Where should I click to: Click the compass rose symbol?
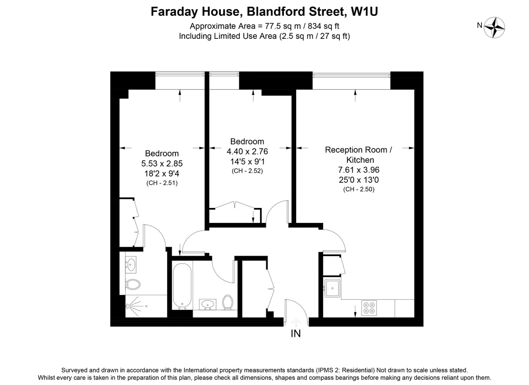click(x=494, y=27)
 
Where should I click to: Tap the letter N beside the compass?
click(x=480, y=25)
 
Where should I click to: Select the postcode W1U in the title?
click(x=365, y=11)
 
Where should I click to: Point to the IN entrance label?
click(x=296, y=334)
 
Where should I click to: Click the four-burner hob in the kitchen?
click(x=369, y=308)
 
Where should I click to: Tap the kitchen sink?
click(x=332, y=288)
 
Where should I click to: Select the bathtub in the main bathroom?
click(x=182, y=286)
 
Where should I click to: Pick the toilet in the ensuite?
click(x=133, y=284)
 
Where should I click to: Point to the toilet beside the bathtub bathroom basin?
click(x=227, y=302)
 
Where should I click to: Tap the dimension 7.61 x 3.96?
click(x=359, y=170)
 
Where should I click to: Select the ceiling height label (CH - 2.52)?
click(x=247, y=171)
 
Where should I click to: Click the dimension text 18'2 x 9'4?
click(x=162, y=174)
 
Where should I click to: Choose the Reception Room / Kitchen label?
click(x=359, y=155)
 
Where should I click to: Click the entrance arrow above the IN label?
click(x=296, y=323)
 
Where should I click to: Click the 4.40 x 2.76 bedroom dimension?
click(x=247, y=151)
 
